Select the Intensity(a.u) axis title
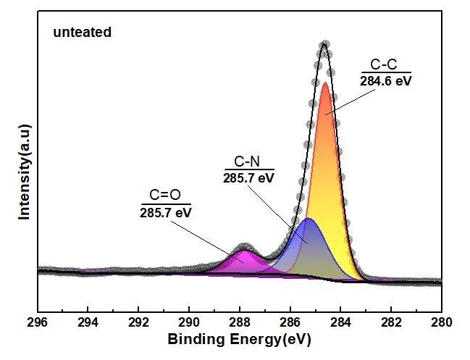24,171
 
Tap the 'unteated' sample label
83,33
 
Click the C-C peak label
385,66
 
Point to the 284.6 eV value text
385,81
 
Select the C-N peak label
248,162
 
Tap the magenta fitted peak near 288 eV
244,262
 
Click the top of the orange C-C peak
325,85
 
